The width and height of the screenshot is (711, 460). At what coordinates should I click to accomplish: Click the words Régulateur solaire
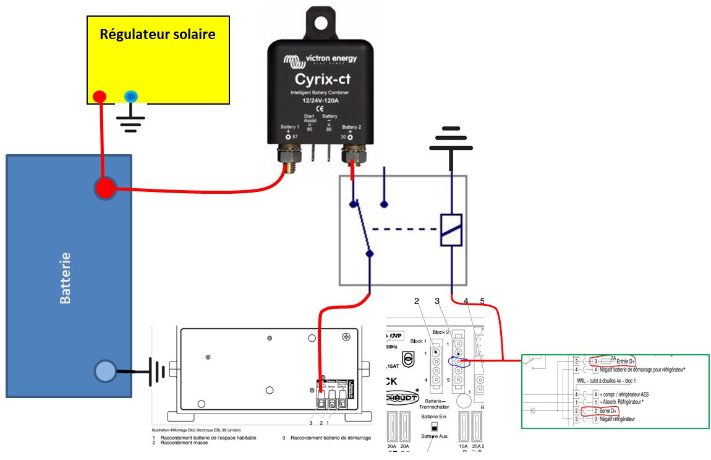coord(158,33)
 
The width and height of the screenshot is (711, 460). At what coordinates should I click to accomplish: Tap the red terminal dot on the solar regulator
coord(100,96)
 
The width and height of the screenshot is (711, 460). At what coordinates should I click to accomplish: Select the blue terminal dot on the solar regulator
coord(130,96)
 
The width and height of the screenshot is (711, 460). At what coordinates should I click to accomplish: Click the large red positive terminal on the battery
coord(104,188)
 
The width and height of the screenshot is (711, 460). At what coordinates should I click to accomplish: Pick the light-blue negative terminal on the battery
coord(104,371)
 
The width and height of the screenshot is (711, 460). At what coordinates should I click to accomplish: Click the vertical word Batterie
coord(65,277)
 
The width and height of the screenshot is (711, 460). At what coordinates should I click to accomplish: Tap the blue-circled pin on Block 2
coord(458,362)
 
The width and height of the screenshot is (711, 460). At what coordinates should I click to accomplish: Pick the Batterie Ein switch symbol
coord(435,427)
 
